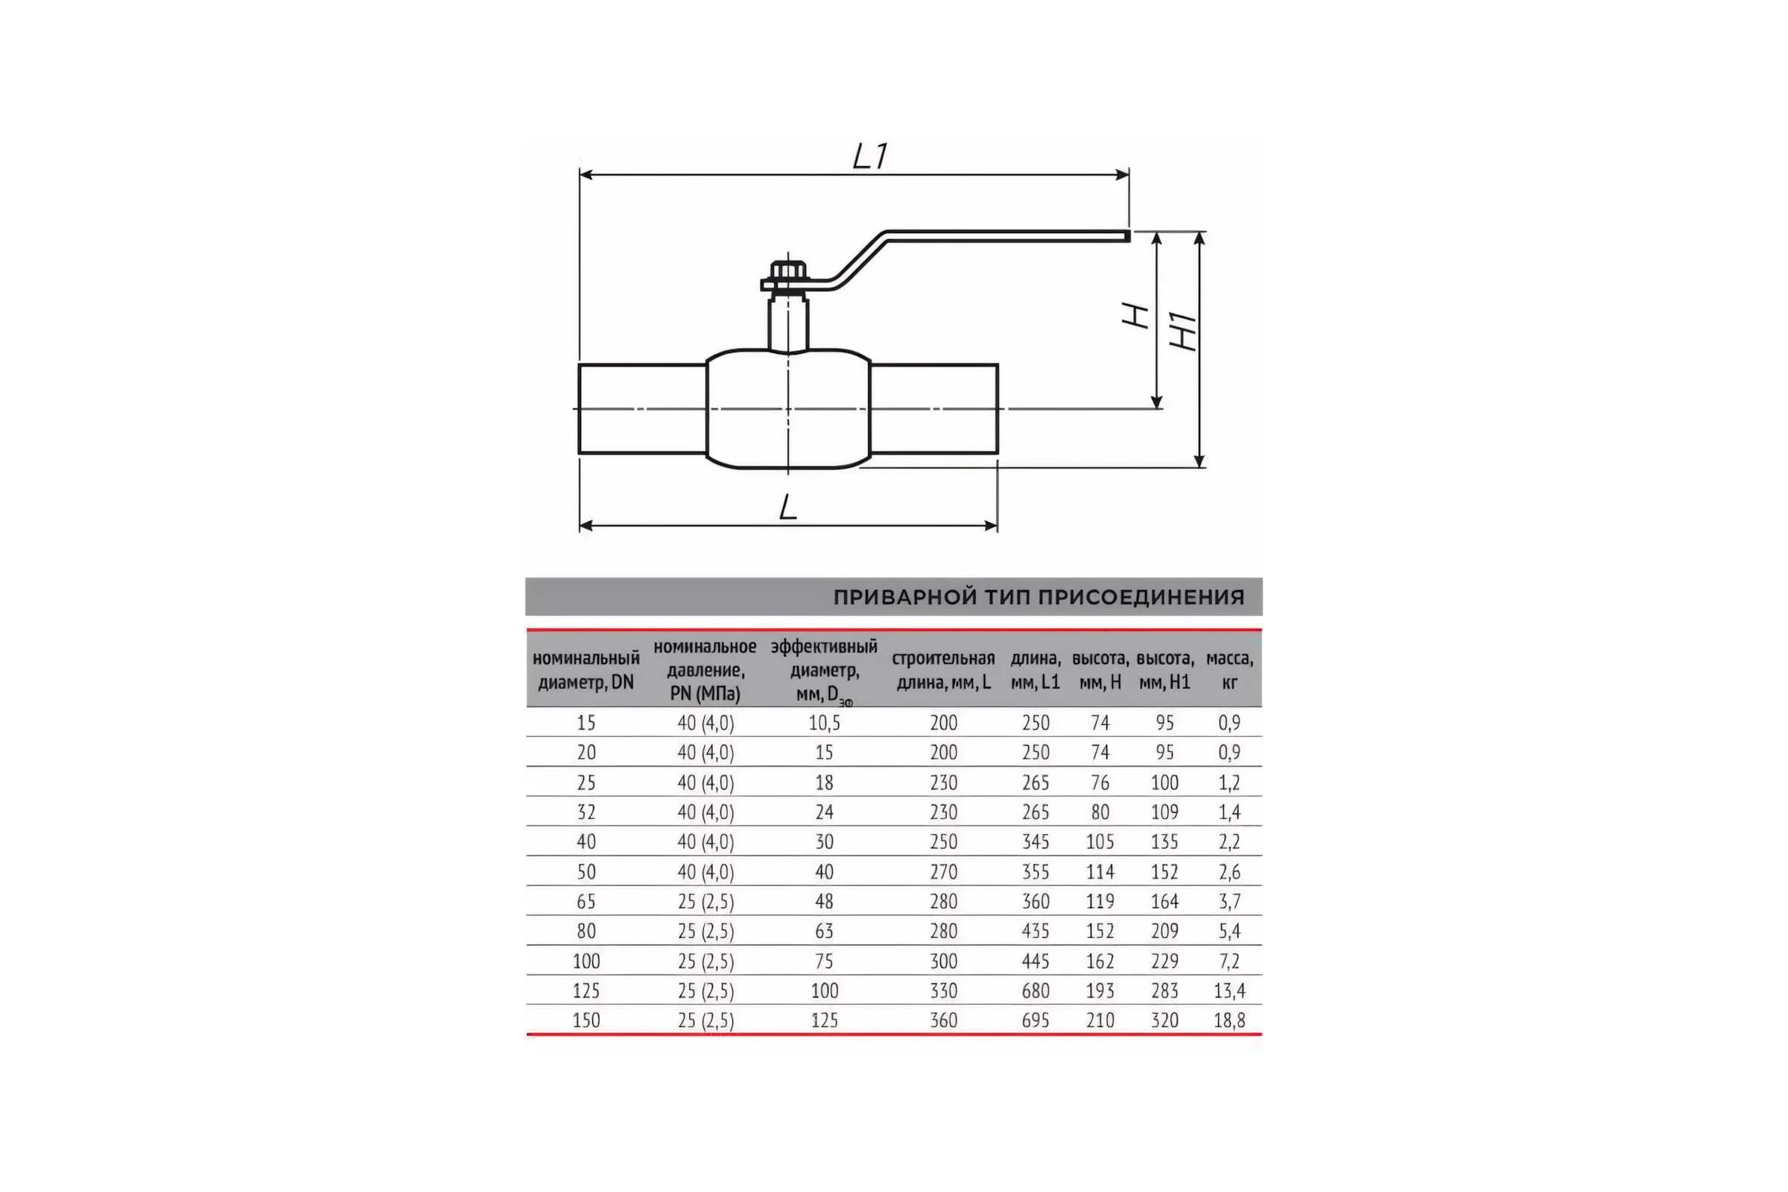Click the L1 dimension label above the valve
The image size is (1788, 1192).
869,156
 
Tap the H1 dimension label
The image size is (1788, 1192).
1183,331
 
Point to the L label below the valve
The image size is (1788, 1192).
787,507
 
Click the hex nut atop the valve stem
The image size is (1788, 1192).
788,271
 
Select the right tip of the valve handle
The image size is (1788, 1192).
1129,236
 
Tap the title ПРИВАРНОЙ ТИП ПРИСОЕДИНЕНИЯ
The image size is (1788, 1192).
1039,597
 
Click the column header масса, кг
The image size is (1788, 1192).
1229,670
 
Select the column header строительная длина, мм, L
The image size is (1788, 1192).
943,670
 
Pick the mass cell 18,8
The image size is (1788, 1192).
1229,1020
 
